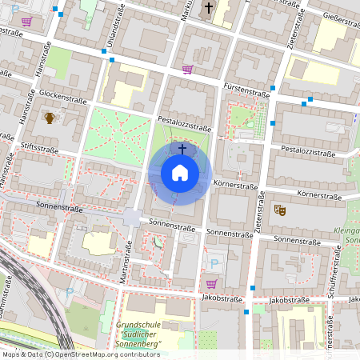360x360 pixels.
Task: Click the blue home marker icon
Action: click(x=179, y=173)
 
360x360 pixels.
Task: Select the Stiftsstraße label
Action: click(x=41, y=146)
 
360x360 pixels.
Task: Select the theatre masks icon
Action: click(x=280, y=210)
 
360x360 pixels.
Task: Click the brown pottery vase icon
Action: click(x=50, y=118)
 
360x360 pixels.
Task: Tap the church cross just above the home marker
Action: click(x=182, y=149)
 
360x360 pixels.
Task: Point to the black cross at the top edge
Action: click(x=209, y=9)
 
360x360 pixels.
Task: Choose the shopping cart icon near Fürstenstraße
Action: click(x=187, y=70)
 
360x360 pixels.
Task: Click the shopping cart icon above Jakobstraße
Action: click(x=211, y=283)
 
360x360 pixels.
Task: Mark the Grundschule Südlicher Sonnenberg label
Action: click(x=138, y=334)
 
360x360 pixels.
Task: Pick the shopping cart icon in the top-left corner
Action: click(x=26, y=22)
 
